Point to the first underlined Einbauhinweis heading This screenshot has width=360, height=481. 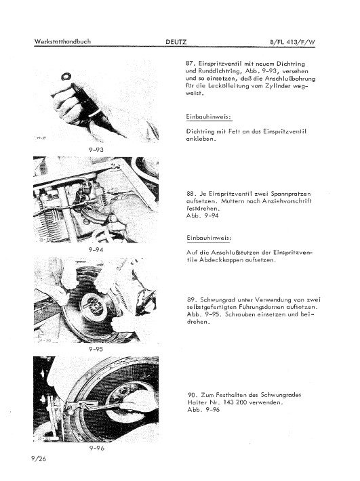(x=208, y=117)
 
